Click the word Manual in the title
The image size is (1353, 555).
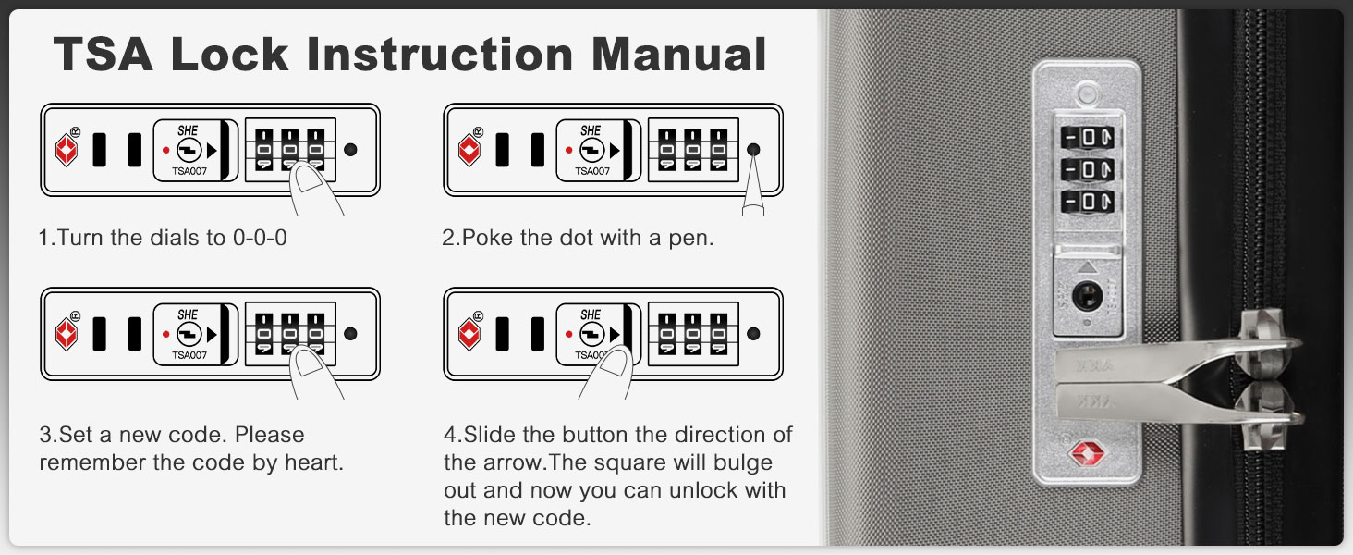click(678, 55)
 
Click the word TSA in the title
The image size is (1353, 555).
click(103, 55)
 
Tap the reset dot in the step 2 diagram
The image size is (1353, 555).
click(753, 149)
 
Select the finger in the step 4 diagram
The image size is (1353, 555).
click(607, 373)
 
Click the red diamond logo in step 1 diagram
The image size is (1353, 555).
click(67, 150)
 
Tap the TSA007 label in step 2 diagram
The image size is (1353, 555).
click(592, 171)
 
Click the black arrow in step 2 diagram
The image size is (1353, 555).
click(615, 150)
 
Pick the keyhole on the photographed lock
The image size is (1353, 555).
click(1087, 296)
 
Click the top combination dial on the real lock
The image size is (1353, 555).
click(1087, 137)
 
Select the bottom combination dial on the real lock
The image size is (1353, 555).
click(1087, 202)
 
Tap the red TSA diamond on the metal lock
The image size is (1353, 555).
click(1087, 453)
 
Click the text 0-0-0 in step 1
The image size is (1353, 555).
click(260, 238)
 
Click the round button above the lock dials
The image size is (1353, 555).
click(1087, 94)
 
